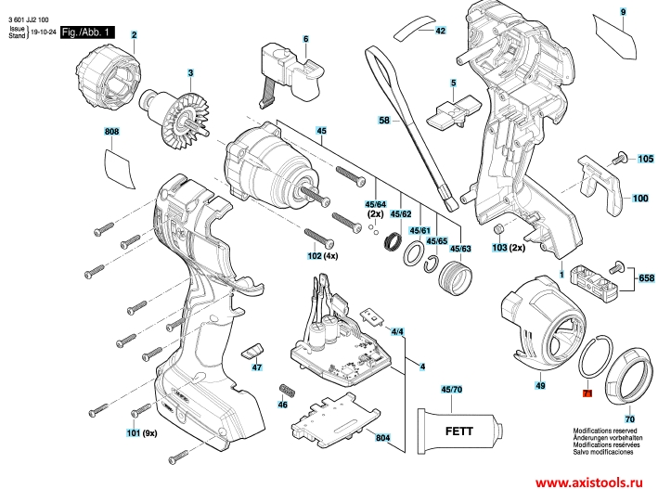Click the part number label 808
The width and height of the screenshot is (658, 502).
[112, 134]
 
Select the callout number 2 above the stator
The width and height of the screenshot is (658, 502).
[134, 35]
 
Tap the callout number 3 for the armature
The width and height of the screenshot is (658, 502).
[190, 73]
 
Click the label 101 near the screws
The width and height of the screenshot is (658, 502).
[133, 433]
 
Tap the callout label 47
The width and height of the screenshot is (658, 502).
[257, 368]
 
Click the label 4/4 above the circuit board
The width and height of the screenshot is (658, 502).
[397, 331]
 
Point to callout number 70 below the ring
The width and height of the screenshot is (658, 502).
[630, 418]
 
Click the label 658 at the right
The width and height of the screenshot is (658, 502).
[646, 277]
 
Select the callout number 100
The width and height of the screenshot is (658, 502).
[640, 199]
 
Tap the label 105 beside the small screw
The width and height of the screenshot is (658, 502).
[644, 160]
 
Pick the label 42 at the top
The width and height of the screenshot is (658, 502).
[441, 32]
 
